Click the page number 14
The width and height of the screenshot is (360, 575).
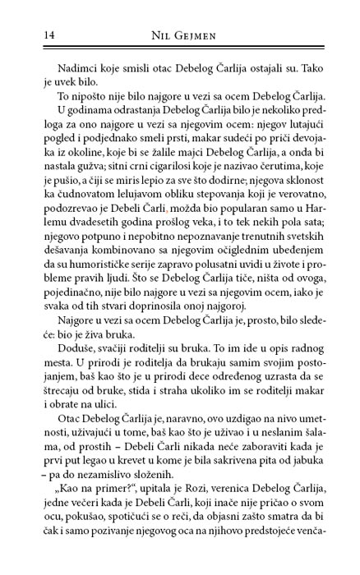(24, 32)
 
